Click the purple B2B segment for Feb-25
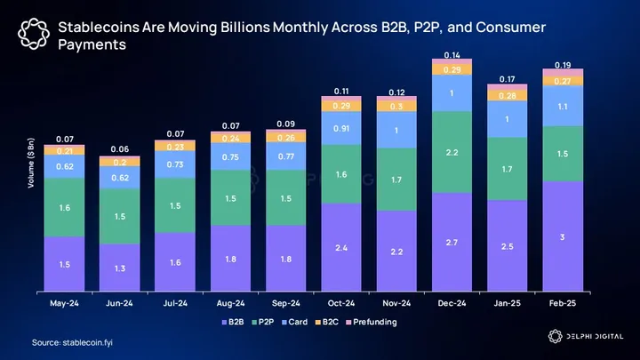click(x=563, y=237)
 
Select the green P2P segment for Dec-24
click(x=451, y=153)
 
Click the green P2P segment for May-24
click(x=65, y=207)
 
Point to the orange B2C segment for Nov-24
click(x=395, y=106)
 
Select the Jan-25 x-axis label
click(x=507, y=302)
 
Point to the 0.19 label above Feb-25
click(x=563, y=64)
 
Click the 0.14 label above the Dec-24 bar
click(x=451, y=55)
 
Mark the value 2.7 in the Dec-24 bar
click(x=451, y=242)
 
